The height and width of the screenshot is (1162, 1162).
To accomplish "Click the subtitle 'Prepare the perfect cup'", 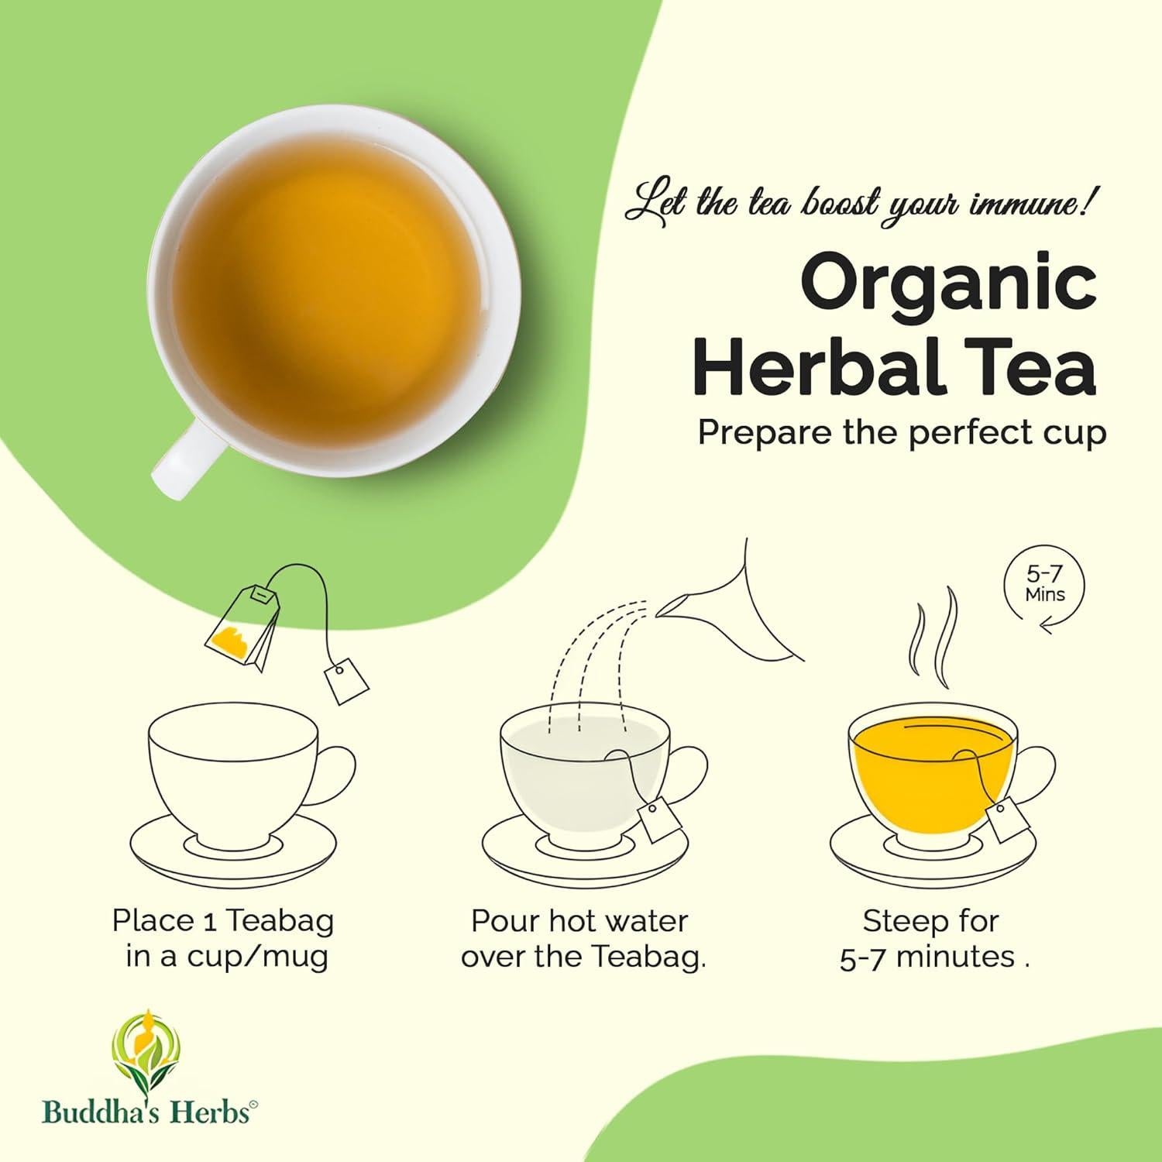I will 902,432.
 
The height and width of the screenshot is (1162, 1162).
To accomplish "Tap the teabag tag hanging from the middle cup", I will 659,821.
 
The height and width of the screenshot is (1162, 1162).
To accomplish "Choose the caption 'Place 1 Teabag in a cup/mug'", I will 224,938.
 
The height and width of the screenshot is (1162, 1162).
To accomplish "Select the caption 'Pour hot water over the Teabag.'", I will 582,938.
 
